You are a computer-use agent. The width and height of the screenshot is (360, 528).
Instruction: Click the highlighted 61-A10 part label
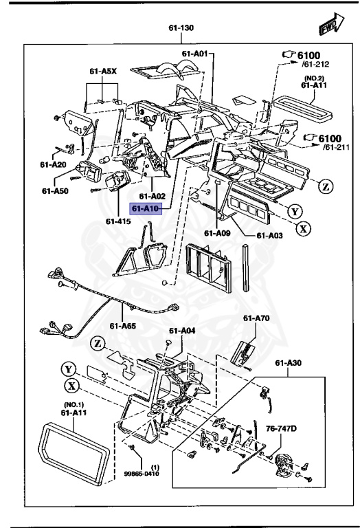coord(145,209)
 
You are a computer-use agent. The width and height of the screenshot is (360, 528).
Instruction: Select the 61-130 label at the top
coord(181,30)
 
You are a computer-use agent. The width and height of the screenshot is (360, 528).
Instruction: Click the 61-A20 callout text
coord(53,165)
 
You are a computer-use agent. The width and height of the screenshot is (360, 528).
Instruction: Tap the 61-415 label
coord(119,221)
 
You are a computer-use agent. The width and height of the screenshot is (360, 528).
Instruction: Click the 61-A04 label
coord(183,331)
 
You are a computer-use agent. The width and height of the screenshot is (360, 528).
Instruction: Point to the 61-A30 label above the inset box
coord(290,363)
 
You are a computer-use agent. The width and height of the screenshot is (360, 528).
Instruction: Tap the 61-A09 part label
coord(217,232)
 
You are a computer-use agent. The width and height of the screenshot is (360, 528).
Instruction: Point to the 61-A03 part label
coord(269,235)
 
